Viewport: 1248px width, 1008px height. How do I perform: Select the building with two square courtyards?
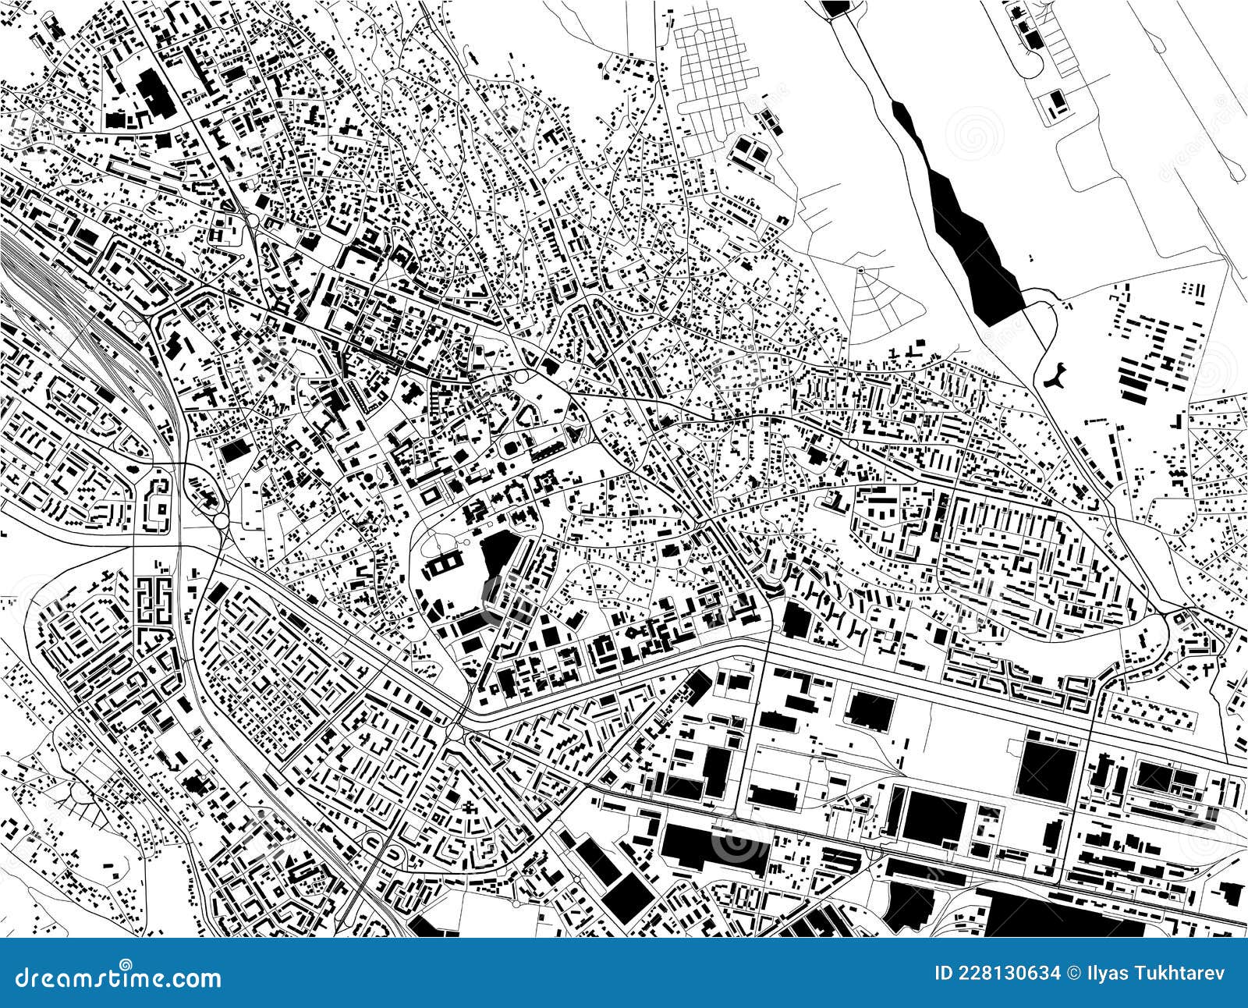[446, 563]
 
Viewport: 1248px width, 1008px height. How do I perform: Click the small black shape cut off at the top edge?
[835, 6]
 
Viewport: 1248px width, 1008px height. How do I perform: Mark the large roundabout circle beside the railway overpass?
[221, 520]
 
